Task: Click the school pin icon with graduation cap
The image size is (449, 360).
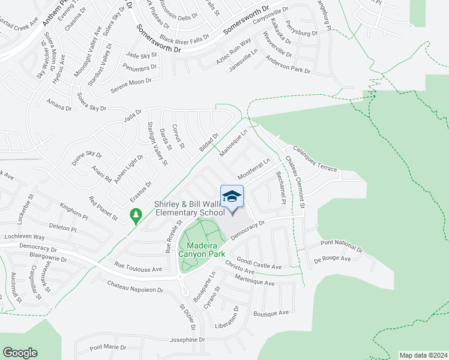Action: (x=232, y=197)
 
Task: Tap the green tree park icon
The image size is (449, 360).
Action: (x=136, y=215)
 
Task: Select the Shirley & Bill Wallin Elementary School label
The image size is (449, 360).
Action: (x=190, y=208)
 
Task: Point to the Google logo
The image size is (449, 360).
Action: (x=20, y=353)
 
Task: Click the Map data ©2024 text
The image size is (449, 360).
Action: (x=423, y=355)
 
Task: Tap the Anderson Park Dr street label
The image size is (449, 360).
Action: (x=288, y=66)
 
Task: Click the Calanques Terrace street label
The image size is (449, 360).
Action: (x=315, y=159)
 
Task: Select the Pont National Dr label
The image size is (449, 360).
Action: (x=342, y=245)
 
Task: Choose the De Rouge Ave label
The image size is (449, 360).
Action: (x=332, y=259)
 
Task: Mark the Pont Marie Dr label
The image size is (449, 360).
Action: (x=107, y=347)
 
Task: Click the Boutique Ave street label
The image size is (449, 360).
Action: (x=271, y=313)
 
